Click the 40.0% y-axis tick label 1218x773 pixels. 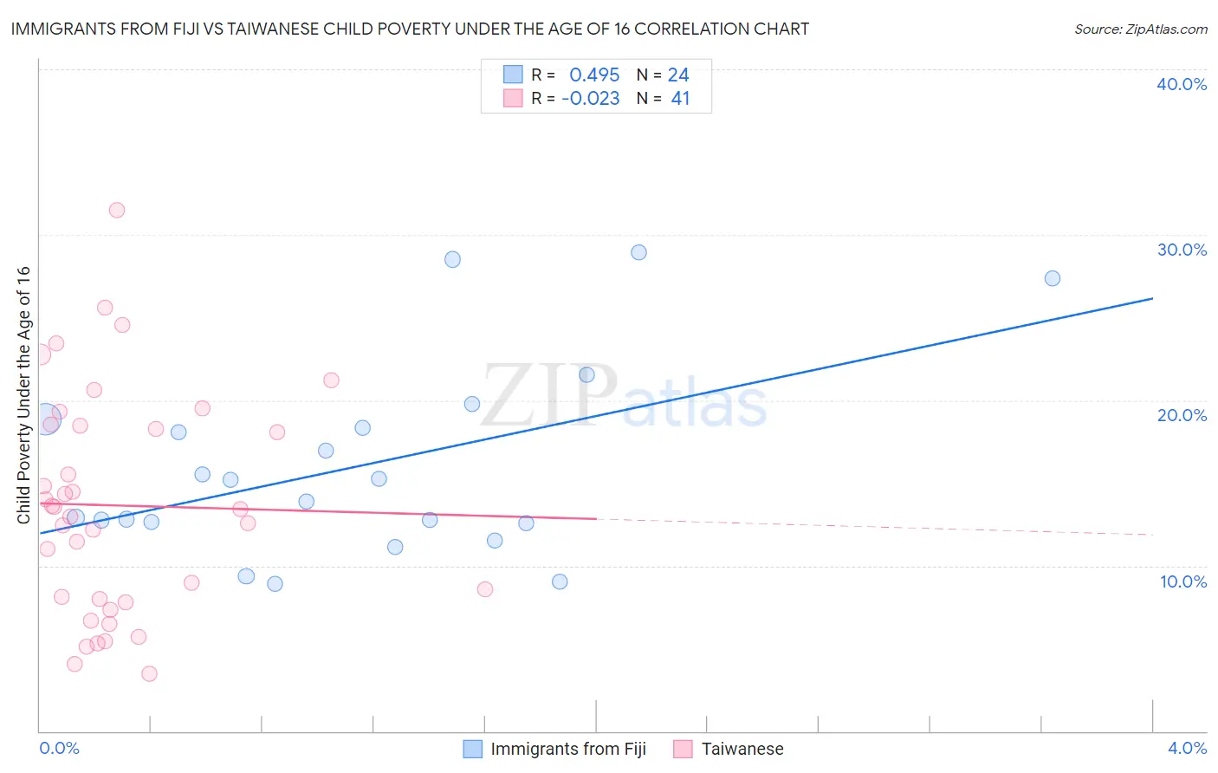coord(1182,84)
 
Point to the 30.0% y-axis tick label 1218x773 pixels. coord(1182,250)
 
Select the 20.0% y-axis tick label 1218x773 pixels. coord(1182,415)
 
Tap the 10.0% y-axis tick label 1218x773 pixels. coord(1183,581)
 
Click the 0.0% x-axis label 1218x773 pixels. coord(60,748)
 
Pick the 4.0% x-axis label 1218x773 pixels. coord(1187,748)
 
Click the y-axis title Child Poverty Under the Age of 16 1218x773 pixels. coord(24,394)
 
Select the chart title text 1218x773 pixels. coord(410,29)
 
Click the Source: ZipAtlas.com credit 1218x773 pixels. coord(1140,29)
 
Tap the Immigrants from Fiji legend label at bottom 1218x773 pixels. coord(568,749)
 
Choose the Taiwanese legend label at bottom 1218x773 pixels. coord(742,749)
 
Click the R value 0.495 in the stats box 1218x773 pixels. coord(594,75)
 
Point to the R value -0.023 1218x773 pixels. coord(591,99)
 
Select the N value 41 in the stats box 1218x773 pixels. coord(680,99)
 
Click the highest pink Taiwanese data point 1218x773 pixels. coord(117,210)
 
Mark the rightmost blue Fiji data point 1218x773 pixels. coord(1053,278)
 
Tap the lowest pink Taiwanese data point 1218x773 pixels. coord(149,673)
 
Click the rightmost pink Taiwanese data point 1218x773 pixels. coord(485,589)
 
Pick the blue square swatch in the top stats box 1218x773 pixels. coord(513,75)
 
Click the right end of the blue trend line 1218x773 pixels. coord(1152,298)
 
